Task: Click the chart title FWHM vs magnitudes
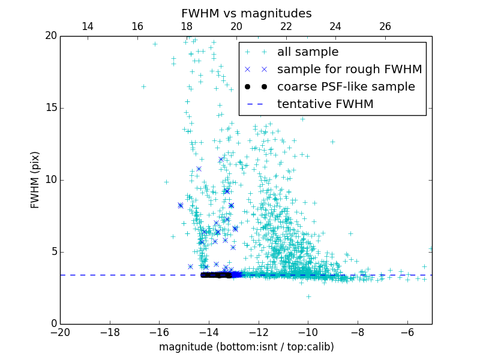tap(246, 13)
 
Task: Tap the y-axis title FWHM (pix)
tap(35, 180)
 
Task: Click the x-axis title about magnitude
tap(246, 347)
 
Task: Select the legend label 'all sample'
tap(308, 52)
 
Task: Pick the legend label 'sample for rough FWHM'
tap(349, 70)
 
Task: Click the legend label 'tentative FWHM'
tap(325, 104)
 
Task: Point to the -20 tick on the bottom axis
tap(60, 332)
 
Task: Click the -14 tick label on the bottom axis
tap(209, 332)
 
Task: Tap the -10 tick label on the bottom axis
tap(308, 332)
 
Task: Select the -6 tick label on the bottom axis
tap(407, 332)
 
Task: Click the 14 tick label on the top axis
tap(87, 26)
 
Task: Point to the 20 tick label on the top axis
tap(236, 26)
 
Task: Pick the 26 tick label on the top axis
tap(385, 26)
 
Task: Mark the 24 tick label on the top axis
tap(335, 26)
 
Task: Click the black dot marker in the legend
tap(254, 86)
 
